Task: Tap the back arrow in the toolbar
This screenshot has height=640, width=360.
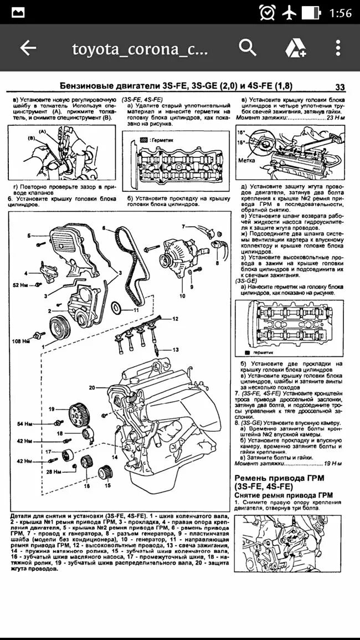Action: pyautogui.click(x=28, y=48)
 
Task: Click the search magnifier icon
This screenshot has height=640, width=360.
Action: pyautogui.click(x=248, y=48)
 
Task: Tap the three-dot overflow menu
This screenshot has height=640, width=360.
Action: pyautogui.click(x=338, y=48)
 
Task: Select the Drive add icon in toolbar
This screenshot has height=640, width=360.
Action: pyautogui.click(x=295, y=48)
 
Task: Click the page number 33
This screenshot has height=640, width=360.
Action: pyautogui.click(x=340, y=86)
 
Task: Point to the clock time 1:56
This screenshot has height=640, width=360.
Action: pyautogui.click(x=340, y=13)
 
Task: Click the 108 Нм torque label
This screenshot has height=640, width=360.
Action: pyautogui.click(x=20, y=341)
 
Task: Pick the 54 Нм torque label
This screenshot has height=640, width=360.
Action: pyautogui.click(x=25, y=424)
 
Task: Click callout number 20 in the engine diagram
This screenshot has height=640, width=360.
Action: pyautogui.click(x=92, y=387)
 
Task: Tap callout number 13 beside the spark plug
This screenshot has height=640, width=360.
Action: pyautogui.click(x=176, y=350)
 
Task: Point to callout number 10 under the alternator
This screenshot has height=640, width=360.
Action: pyautogui.click(x=182, y=296)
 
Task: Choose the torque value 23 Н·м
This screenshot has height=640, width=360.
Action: pyautogui.click(x=331, y=117)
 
